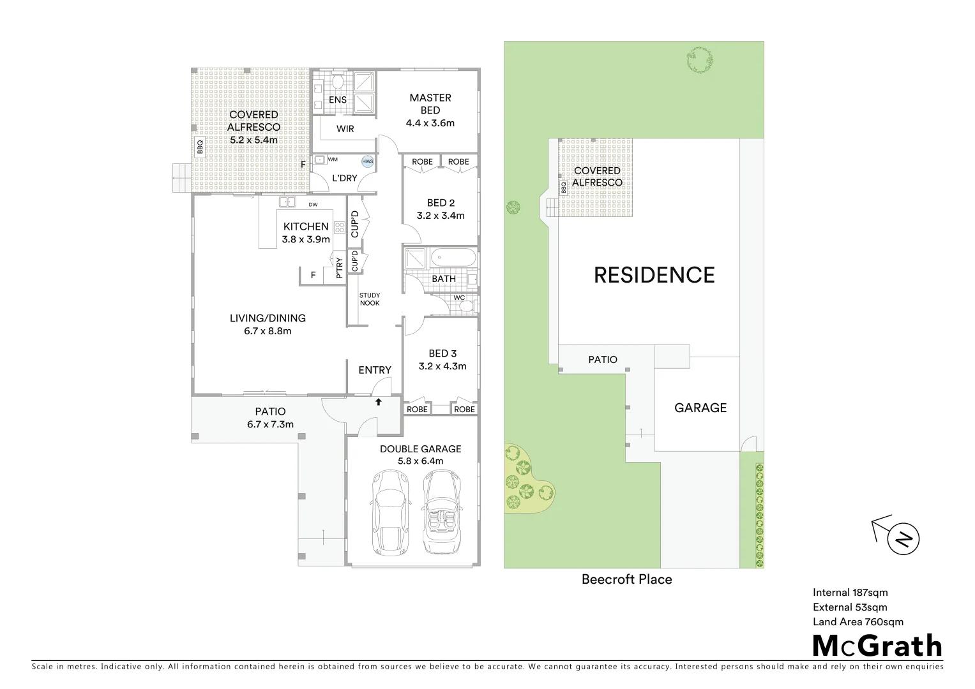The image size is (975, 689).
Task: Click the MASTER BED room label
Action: (x=430, y=104)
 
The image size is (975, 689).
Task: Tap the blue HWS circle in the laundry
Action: (x=367, y=162)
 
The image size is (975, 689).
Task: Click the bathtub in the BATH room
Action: (x=453, y=259)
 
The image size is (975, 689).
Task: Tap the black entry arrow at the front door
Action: (x=378, y=402)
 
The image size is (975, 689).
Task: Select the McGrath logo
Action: (x=877, y=646)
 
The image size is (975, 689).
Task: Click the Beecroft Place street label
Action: (x=626, y=579)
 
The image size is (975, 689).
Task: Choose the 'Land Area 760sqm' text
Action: (x=858, y=622)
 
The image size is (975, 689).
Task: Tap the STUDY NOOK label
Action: (x=369, y=299)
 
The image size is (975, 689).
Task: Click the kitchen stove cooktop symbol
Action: (x=339, y=228)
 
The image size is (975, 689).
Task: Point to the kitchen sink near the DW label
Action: (x=287, y=203)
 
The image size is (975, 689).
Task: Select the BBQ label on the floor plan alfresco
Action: (x=200, y=147)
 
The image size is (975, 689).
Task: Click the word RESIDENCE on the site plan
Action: (x=654, y=275)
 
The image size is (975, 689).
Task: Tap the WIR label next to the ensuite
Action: (x=345, y=129)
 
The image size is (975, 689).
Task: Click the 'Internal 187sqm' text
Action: (x=850, y=593)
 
